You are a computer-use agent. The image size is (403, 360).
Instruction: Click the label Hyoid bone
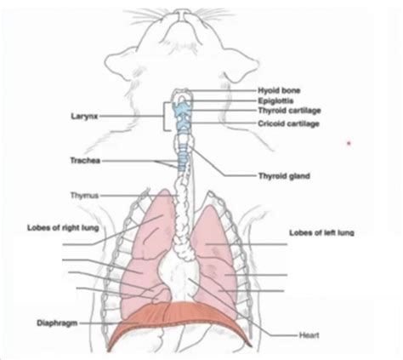(279, 91)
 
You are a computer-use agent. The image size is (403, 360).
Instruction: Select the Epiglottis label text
(275, 101)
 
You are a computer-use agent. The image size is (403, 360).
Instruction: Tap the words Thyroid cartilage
(289, 111)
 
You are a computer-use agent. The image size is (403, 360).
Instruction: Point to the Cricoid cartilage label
(288, 123)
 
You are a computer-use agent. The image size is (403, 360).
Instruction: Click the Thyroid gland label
(284, 176)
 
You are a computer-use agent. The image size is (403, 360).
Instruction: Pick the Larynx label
(84, 117)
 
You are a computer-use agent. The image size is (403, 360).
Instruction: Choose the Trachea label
(85, 161)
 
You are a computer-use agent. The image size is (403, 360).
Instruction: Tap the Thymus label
(84, 196)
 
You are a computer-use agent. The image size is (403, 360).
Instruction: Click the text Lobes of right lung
(63, 228)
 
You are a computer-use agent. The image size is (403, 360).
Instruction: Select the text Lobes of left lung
(321, 233)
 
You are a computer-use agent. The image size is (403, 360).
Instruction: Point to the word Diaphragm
(57, 323)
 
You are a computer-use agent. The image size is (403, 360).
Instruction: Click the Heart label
(309, 335)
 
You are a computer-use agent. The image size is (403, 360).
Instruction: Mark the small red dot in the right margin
(349, 144)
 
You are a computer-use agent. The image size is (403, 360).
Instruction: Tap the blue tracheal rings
(183, 157)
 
